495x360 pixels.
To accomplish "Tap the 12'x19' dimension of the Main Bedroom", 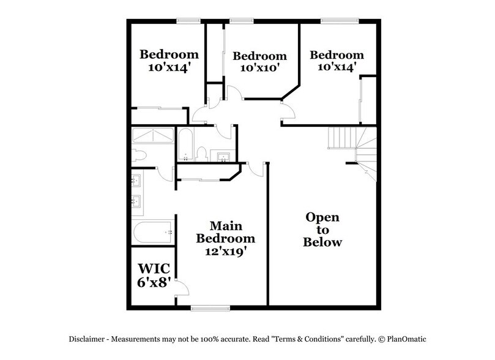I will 224,250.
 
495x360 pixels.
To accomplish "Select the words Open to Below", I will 322,230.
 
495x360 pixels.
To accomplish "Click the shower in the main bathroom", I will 153,136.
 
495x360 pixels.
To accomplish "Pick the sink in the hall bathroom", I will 223,156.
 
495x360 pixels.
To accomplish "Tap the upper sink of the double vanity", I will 138,181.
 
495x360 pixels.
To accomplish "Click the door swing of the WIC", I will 178,285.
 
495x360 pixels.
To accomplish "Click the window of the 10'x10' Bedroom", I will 242,21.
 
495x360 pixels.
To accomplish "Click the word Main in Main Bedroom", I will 225,225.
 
